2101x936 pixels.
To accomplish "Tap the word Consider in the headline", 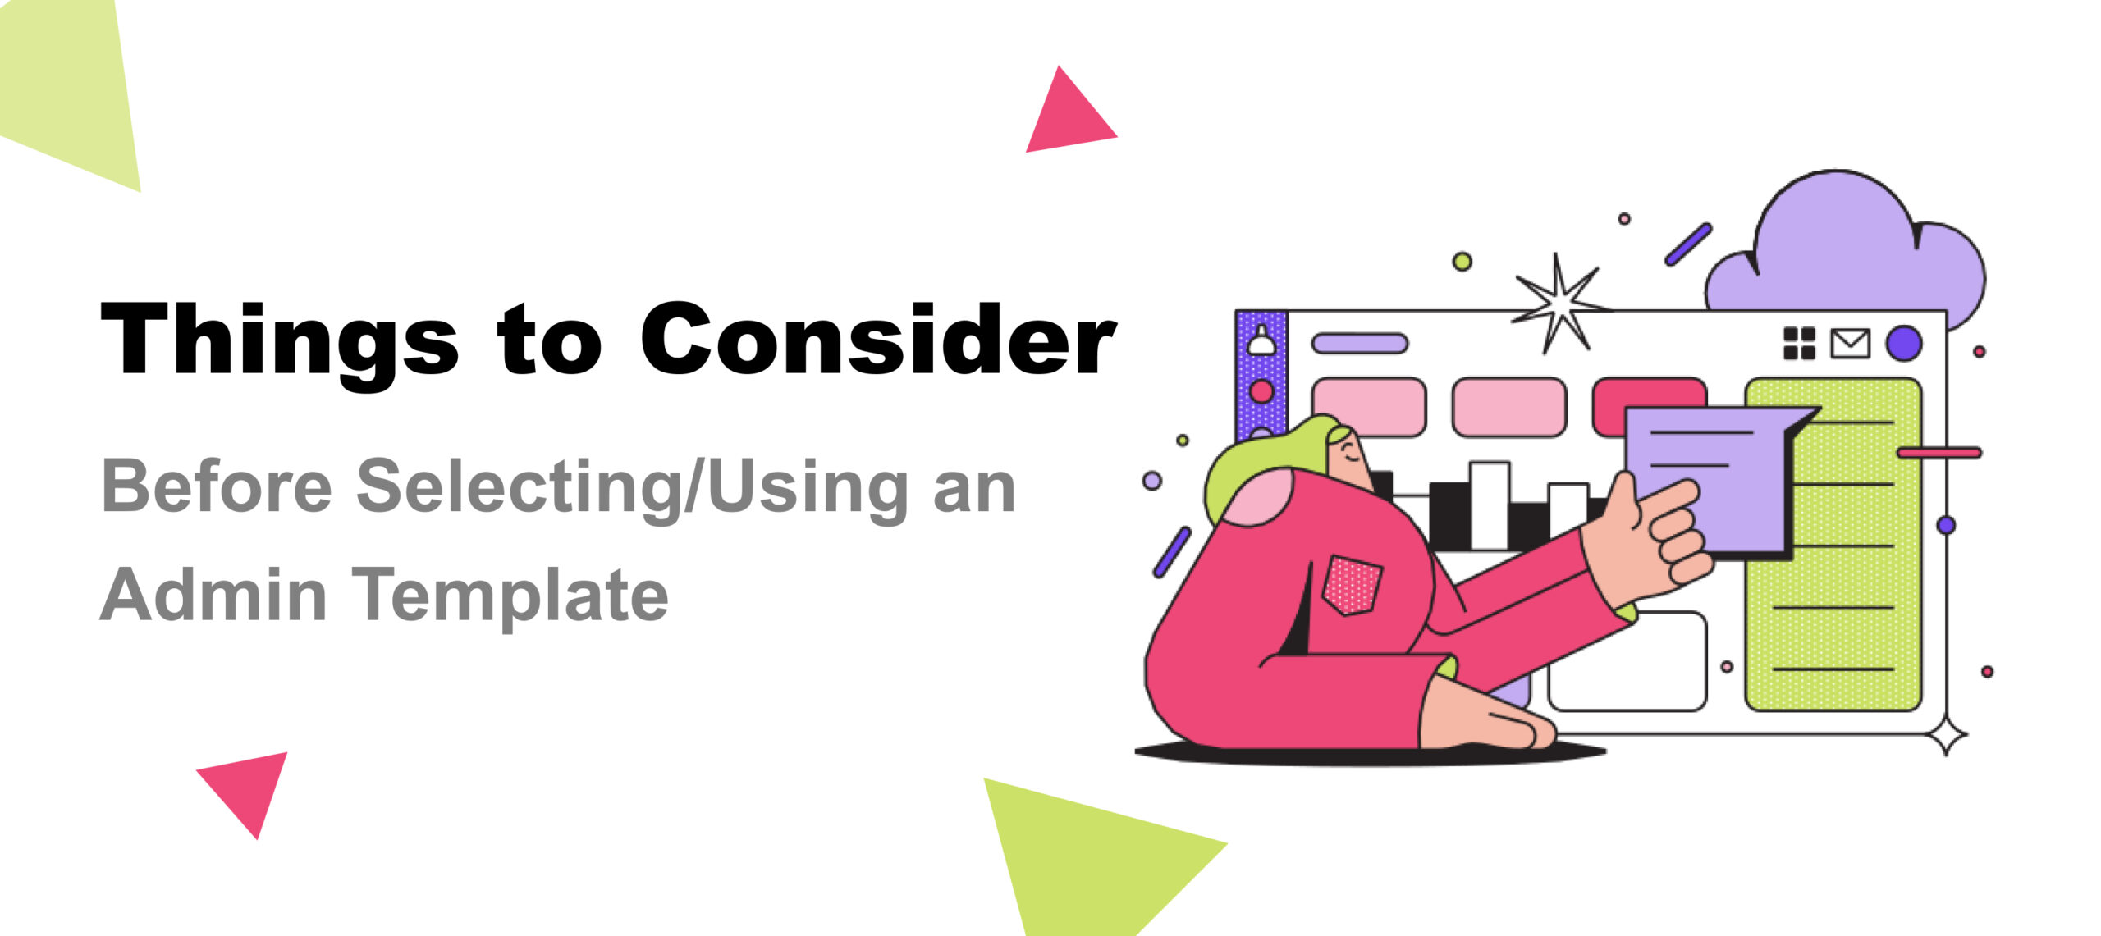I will pos(878,340).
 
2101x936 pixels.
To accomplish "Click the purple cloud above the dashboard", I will pos(1847,254).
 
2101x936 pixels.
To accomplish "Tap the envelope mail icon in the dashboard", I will pos(1850,344).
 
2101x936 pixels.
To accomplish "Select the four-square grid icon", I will pos(1799,344).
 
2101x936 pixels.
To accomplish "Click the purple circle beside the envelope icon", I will pos(1904,344).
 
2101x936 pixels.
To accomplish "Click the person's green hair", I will pos(1256,472).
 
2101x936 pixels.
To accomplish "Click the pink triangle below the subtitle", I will pos(248,785).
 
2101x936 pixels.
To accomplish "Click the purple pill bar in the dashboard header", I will pos(1360,343).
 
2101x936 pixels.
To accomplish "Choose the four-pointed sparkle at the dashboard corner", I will pos(1947,735).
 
